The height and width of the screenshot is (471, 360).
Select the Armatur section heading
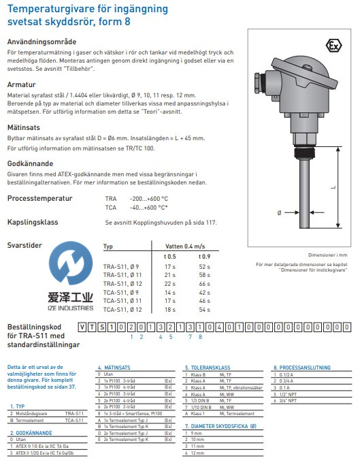pos(21,84)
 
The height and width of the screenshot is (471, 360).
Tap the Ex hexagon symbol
pos(333,46)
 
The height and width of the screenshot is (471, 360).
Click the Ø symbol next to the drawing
pos(279,213)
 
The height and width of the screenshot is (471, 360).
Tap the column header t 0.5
pos(170,256)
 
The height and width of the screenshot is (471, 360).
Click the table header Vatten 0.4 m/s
pos(186,246)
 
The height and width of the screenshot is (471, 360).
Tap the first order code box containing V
pos(82,327)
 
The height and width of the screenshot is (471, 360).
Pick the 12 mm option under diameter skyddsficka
pos(198,451)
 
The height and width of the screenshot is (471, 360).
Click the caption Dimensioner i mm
pos(329,253)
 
